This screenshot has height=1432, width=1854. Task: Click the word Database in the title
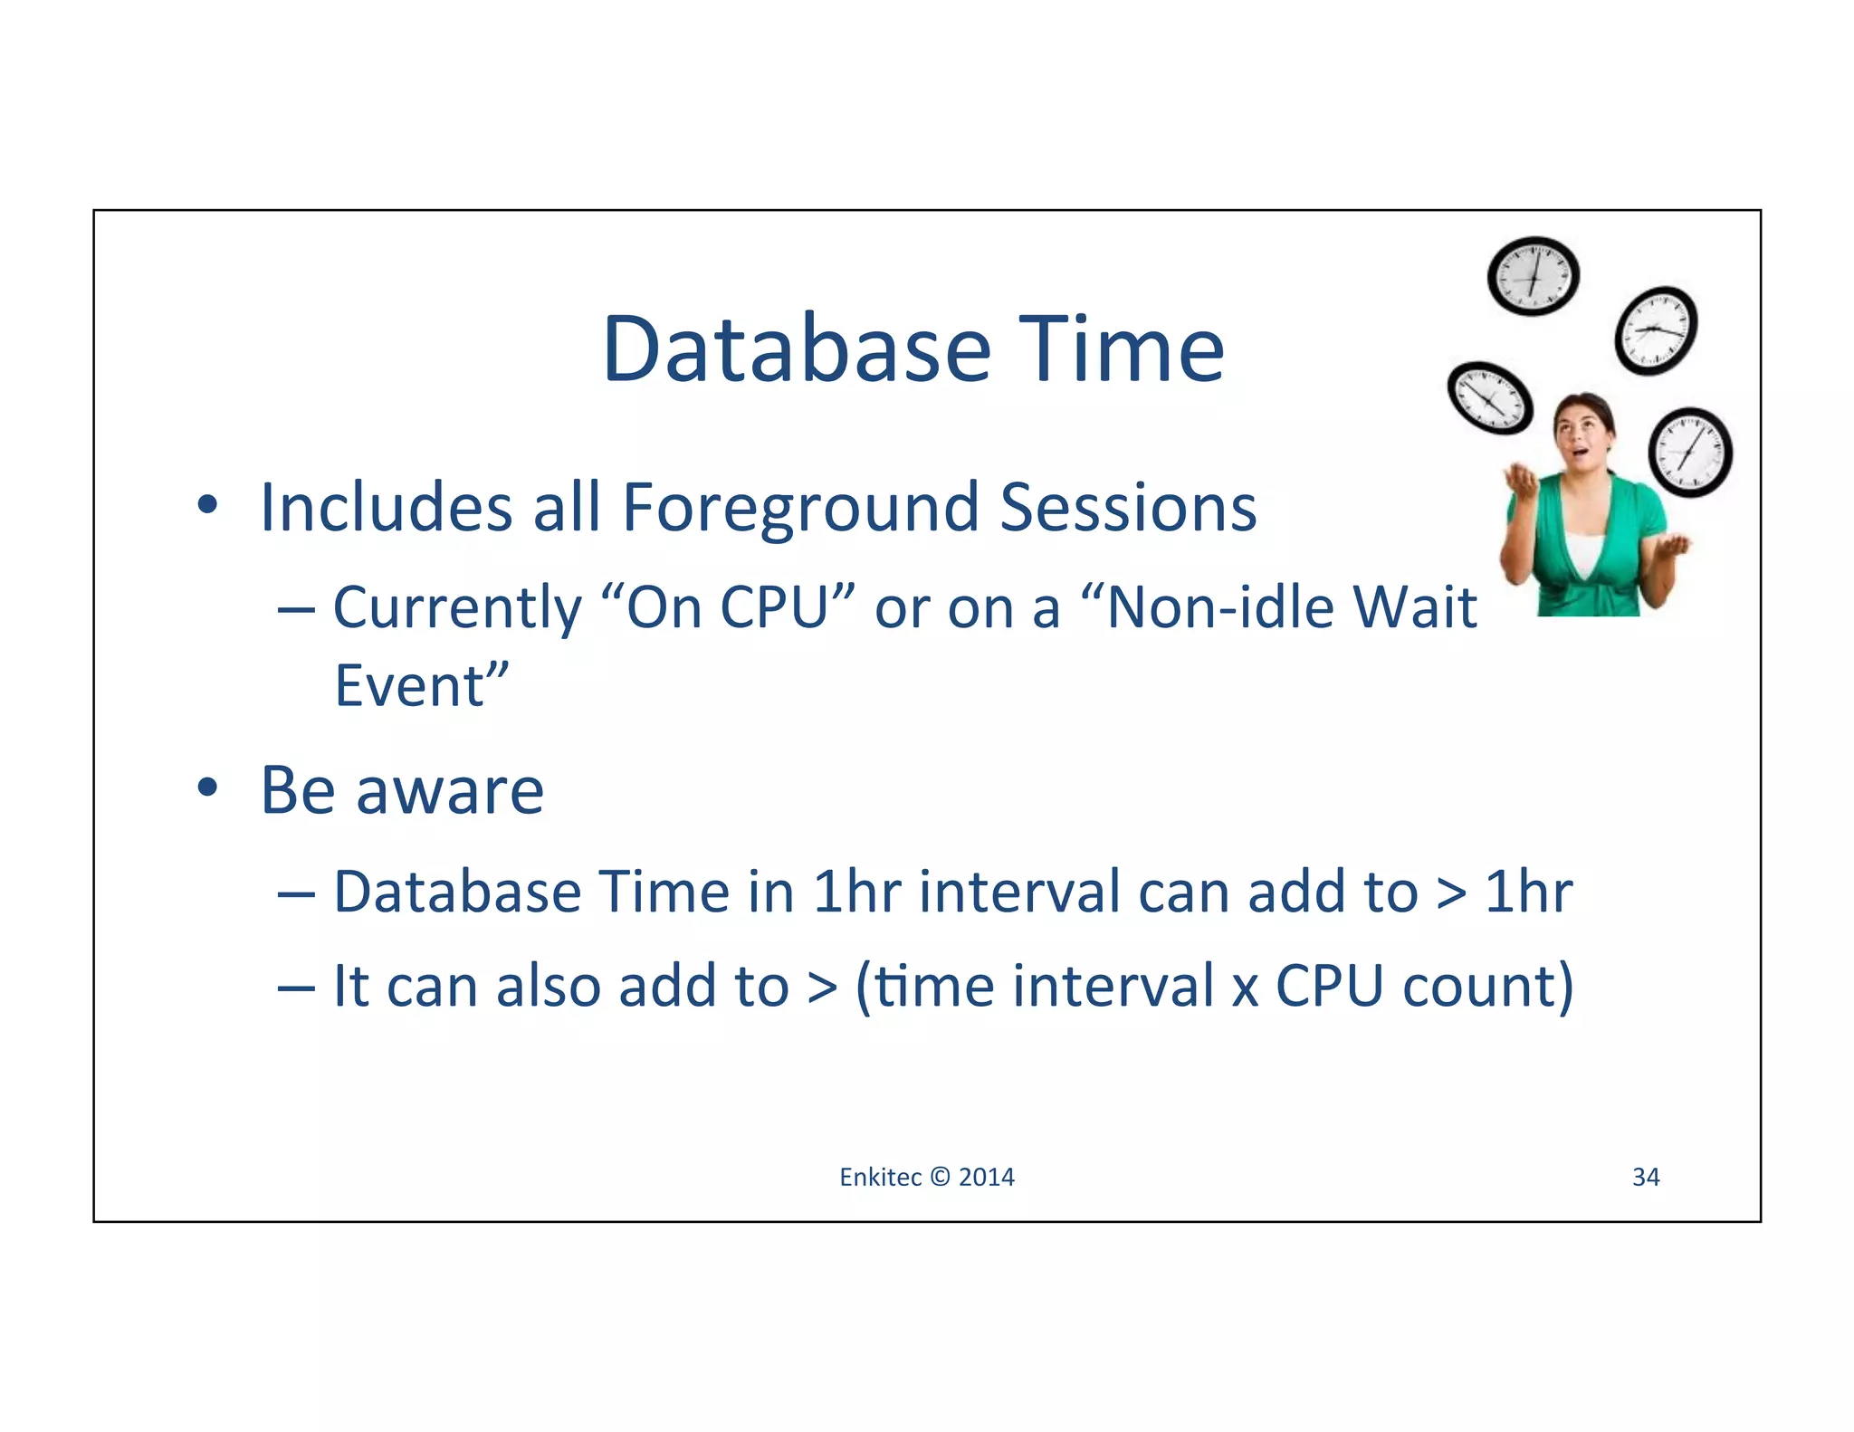[x=797, y=350]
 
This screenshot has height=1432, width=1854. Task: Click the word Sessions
[x=1128, y=507]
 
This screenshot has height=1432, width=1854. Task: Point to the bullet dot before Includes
[x=207, y=505]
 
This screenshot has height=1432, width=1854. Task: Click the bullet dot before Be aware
[x=207, y=788]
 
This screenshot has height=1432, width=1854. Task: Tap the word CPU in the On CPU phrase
[x=775, y=607]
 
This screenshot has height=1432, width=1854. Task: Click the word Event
[x=409, y=686]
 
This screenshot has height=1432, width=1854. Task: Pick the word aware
[x=450, y=791]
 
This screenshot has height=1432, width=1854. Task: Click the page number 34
[x=1645, y=1177]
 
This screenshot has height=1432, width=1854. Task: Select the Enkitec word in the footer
[x=880, y=1177]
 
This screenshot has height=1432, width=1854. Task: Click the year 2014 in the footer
[x=986, y=1177]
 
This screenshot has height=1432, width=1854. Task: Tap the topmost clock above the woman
[x=1533, y=276]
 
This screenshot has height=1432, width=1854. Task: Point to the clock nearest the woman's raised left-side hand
[x=1490, y=397]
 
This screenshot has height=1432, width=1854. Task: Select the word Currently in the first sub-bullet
[x=457, y=607]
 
